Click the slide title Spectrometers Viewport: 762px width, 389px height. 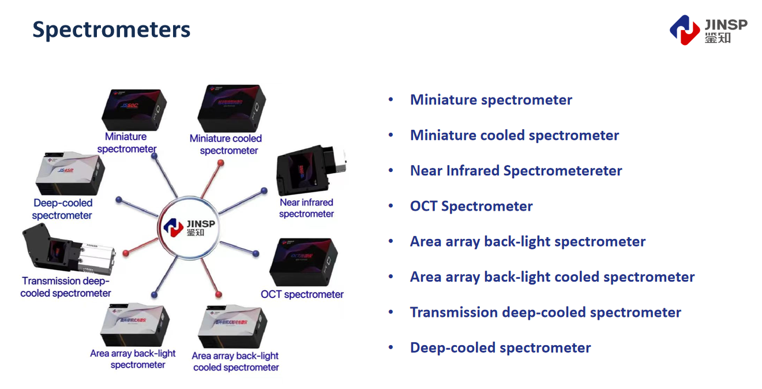point(111,29)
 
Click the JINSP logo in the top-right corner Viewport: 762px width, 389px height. point(708,30)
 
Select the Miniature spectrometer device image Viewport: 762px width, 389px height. point(134,109)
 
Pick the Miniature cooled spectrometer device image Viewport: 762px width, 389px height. point(231,109)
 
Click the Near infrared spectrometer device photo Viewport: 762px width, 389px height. point(309,170)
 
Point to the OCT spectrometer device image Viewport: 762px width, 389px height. point(302,262)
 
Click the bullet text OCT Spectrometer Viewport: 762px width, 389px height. point(471,206)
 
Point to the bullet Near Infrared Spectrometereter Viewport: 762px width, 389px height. point(516,171)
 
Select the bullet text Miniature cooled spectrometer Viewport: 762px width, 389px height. point(514,135)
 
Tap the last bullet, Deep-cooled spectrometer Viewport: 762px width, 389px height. point(500,347)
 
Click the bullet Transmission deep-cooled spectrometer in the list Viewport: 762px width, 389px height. point(545,312)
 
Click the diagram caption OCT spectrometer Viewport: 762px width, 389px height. point(302,294)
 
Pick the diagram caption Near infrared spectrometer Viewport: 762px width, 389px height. point(306,208)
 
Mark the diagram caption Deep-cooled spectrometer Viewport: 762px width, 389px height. point(62,209)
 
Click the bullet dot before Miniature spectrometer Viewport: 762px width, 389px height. point(391,100)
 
